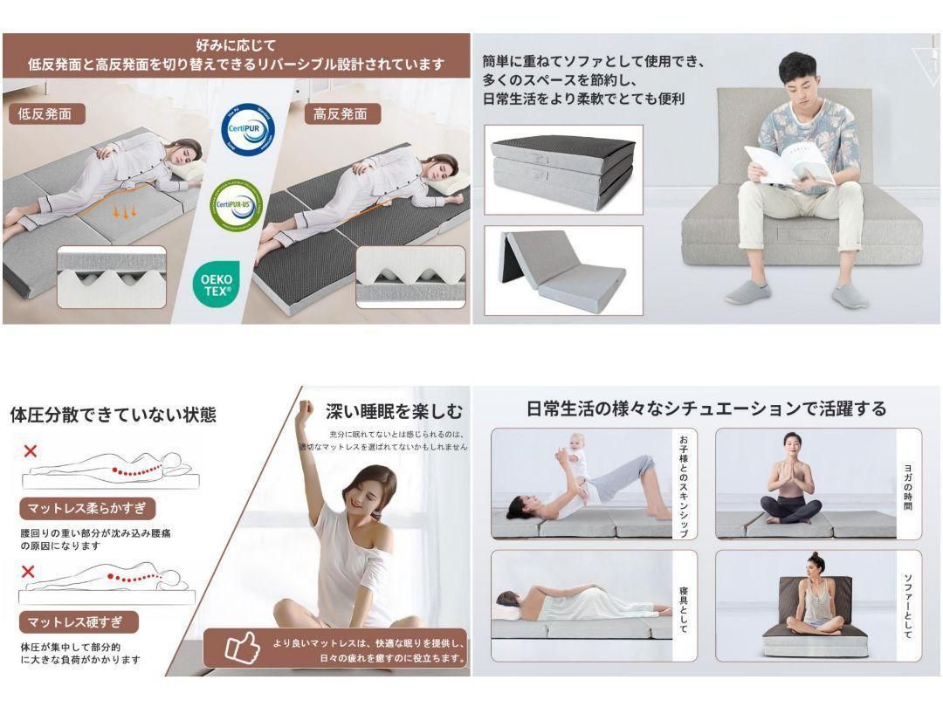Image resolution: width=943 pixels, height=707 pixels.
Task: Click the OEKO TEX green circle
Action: pos(215,285)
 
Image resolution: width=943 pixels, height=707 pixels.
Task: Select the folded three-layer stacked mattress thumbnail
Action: pos(563,168)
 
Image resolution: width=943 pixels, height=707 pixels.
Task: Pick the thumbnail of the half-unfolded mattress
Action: pos(563,270)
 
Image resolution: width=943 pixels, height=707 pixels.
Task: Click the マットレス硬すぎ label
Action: pos(79,622)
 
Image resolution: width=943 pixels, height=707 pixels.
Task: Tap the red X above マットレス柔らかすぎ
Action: pos(31,451)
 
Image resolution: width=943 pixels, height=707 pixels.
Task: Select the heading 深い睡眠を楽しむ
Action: pos(394,411)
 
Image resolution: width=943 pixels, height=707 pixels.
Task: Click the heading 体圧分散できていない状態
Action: pos(113,415)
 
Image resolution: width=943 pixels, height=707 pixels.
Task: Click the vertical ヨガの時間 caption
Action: pos(909,485)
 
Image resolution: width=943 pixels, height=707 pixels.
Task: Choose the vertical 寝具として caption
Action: pos(684,608)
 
